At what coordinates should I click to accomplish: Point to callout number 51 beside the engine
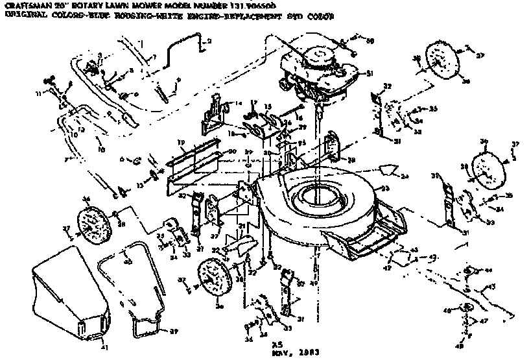(370, 74)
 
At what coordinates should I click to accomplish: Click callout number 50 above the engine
(370, 40)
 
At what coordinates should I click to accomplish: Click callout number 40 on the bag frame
(128, 261)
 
